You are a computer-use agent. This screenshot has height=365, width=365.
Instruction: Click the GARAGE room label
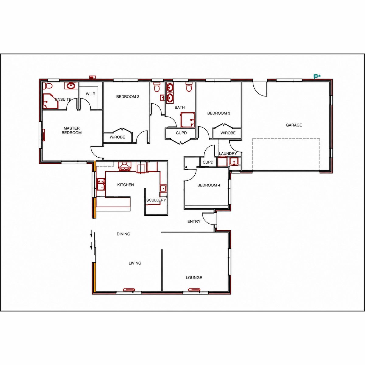(x=294, y=125)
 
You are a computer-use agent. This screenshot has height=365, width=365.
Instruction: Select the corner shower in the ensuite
(x=50, y=101)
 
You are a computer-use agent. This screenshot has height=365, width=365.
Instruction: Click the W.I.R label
(x=91, y=94)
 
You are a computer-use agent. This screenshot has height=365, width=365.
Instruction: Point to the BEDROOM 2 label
(x=128, y=97)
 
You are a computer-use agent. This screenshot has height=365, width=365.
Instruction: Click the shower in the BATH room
(x=188, y=120)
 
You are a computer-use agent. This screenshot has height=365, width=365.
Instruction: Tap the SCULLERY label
(x=156, y=200)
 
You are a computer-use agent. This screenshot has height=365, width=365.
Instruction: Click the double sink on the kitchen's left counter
(x=101, y=184)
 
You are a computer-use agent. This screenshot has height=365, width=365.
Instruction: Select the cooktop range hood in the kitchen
(x=124, y=166)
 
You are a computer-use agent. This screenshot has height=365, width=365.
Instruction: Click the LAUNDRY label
(x=228, y=153)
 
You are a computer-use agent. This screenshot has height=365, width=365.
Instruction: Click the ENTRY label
(x=194, y=221)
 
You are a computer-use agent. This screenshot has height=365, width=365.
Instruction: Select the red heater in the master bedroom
(x=44, y=135)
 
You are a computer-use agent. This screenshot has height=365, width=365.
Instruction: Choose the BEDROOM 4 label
(x=209, y=185)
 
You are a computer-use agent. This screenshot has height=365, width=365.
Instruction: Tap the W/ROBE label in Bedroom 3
(x=228, y=133)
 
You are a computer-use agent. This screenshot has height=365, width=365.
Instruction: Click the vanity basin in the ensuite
(x=71, y=85)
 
